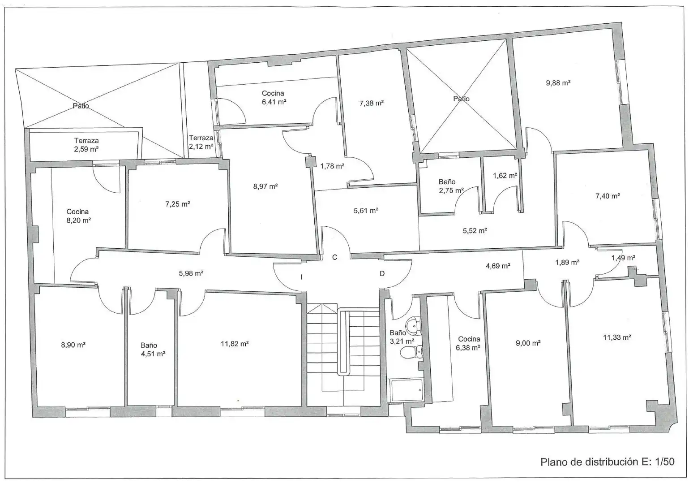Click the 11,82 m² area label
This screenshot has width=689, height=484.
point(235,344)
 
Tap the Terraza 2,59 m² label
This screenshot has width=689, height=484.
point(86,145)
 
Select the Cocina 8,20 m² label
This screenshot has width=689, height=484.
point(78,216)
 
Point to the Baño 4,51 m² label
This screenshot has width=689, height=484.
point(153,350)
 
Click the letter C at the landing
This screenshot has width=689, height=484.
point(335,257)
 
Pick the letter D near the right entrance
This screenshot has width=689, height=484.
point(382,273)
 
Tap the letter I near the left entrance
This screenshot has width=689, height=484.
point(301,277)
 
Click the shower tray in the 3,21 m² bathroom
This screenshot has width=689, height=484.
point(407,390)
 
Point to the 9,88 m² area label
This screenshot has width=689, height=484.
point(558,83)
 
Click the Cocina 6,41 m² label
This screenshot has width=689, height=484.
point(274,98)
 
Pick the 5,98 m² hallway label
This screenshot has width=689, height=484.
point(191,273)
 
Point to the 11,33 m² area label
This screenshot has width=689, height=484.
point(617,337)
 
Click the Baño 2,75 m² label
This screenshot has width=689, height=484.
point(451,186)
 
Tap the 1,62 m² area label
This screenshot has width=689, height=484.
point(505,176)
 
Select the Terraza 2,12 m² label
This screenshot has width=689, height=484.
point(201,142)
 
